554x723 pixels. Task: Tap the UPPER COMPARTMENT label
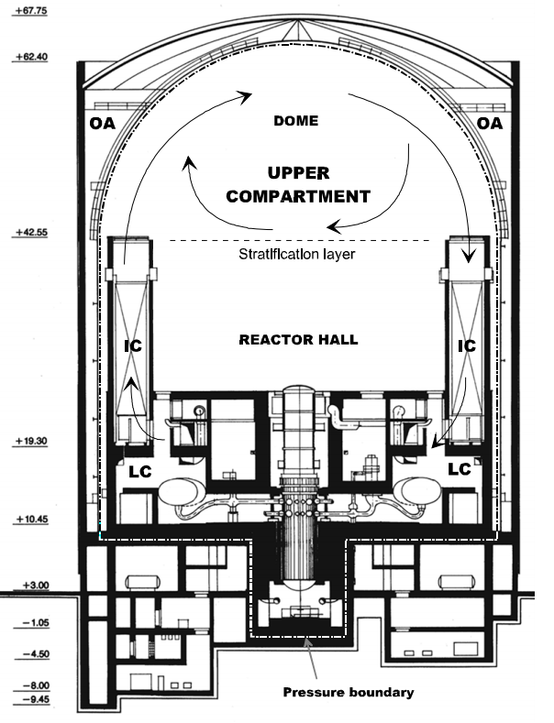pyautogui.click(x=299, y=184)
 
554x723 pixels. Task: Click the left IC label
pyautogui.click(x=134, y=346)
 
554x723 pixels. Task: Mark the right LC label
pyautogui.click(x=459, y=468)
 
